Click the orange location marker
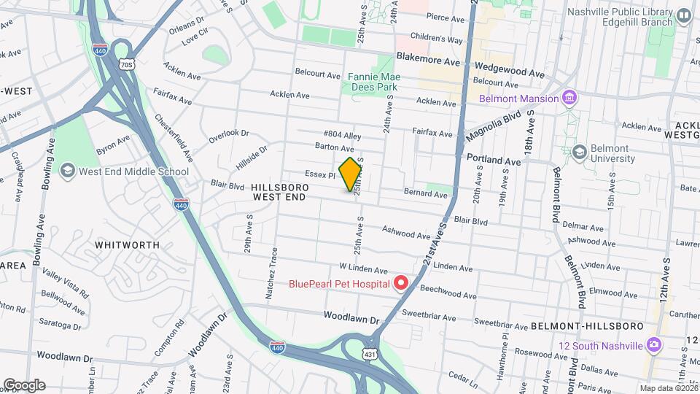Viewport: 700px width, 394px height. [350, 174]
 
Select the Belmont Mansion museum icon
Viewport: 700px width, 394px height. [570, 98]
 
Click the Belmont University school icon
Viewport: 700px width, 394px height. [580, 152]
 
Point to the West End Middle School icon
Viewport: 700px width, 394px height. [68, 171]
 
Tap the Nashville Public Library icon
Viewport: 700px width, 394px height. [683, 15]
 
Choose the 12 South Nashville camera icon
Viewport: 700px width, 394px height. [654, 344]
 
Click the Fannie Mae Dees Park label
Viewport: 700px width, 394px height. [372, 81]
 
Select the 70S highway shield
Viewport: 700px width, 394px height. [128, 64]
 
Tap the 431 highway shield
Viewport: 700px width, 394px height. [370, 353]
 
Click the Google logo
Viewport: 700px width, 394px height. [23, 385]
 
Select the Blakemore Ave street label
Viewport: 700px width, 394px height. [428, 63]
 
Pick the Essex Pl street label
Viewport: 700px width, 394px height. [321, 175]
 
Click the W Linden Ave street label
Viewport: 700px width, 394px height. [362, 269]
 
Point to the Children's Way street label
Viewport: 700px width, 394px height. [436, 39]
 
